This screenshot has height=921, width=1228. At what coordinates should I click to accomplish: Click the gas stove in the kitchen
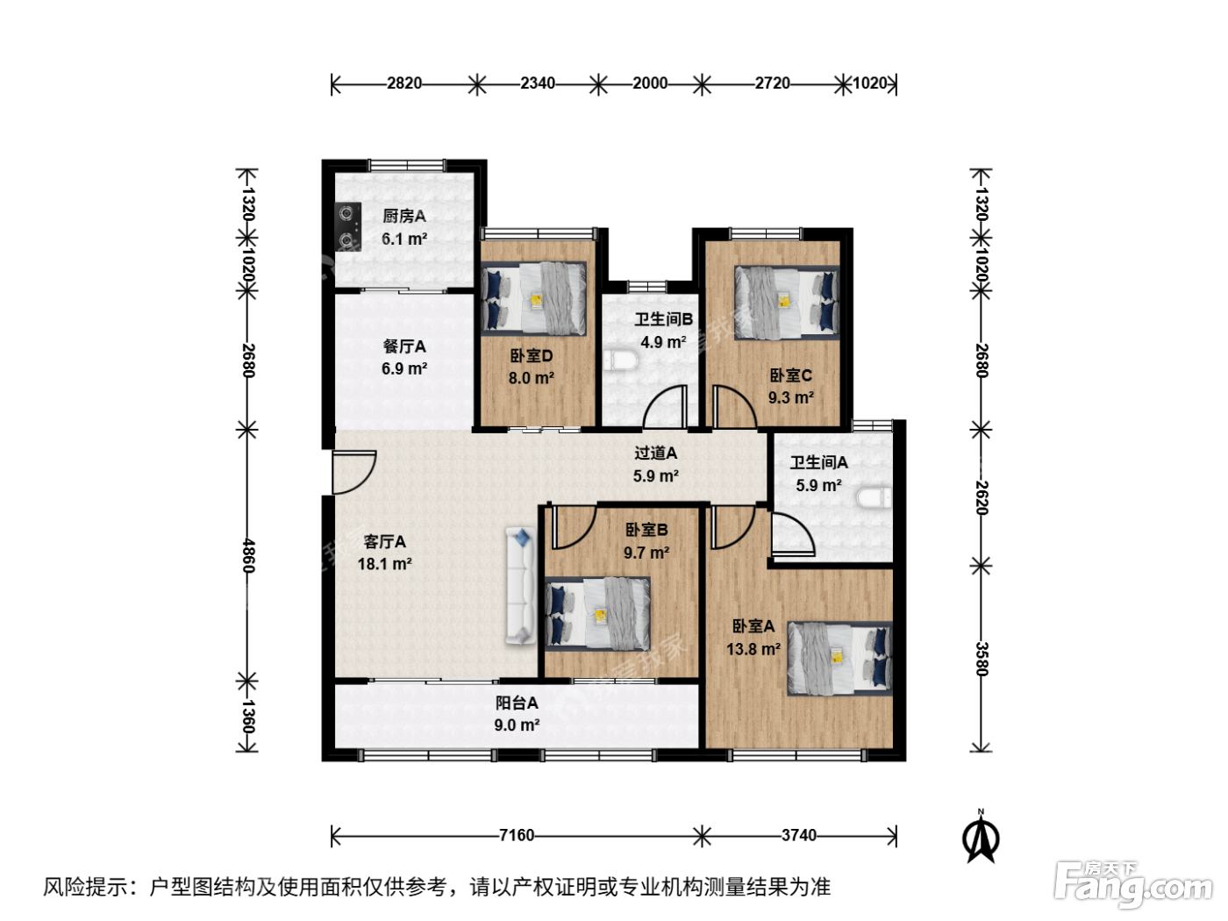[x=348, y=226]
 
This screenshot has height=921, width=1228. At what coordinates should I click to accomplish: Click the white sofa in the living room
[x=521, y=585]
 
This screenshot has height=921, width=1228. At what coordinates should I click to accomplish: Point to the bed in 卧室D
[x=533, y=298]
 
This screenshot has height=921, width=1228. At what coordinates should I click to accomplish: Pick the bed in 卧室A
[x=839, y=658]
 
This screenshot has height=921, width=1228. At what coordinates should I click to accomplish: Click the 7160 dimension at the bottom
[x=517, y=835]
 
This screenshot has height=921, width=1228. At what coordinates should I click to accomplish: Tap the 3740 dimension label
[x=798, y=835]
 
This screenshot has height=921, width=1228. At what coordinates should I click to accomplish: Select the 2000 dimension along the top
[x=650, y=83]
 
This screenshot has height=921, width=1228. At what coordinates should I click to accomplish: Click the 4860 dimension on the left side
[x=248, y=555]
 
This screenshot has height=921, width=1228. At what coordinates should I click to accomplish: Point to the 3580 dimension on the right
[x=982, y=659]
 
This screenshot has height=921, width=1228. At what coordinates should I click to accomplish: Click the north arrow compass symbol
[x=981, y=836]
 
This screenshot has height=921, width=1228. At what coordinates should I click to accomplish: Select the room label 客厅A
[x=384, y=541]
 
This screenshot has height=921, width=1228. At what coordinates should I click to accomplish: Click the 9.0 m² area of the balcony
[x=517, y=725]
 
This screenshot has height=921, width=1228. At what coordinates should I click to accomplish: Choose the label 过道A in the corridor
[x=655, y=453]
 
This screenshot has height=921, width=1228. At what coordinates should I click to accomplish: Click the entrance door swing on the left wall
[x=353, y=473]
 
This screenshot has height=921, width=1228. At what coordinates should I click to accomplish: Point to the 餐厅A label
[x=404, y=346]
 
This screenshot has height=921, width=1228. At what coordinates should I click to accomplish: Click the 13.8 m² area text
[x=753, y=649]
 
